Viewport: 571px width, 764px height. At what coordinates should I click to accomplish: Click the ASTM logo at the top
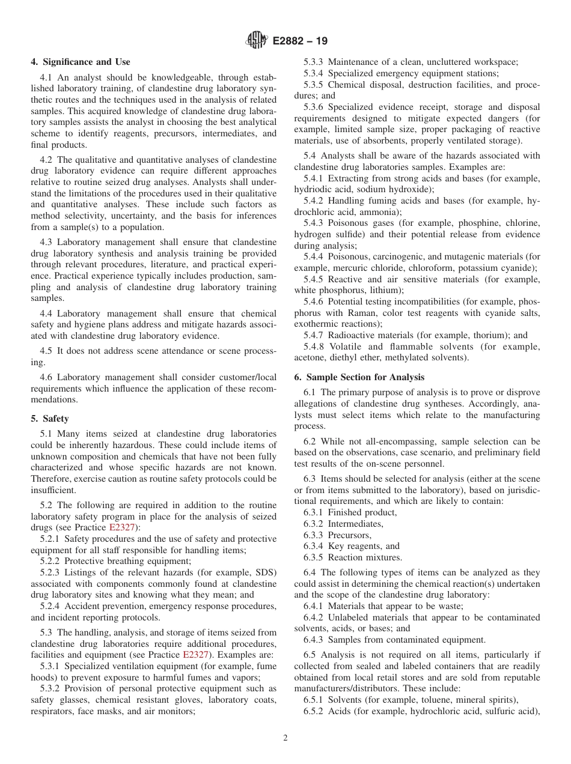[257, 41]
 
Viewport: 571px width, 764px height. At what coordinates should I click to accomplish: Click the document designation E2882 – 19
[300, 41]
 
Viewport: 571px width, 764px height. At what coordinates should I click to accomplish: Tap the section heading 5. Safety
[50, 419]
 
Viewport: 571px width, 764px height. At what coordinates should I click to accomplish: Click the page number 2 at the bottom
[285, 738]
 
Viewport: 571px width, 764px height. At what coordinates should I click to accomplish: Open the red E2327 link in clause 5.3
[195, 655]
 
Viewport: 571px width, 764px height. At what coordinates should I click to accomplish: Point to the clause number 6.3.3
[315, 535]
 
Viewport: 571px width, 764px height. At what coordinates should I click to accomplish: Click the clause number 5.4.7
[315, 335]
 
